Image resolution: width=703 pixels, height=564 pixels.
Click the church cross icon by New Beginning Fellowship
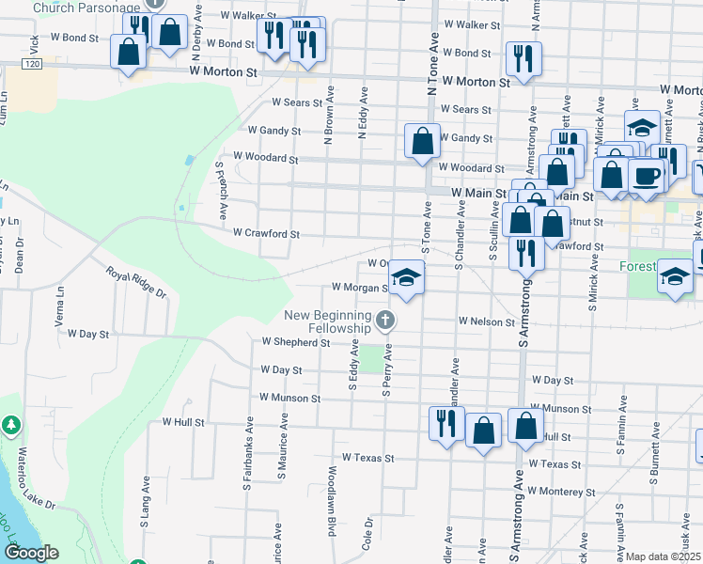[384, 322]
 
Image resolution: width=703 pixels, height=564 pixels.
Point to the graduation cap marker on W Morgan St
[405, 277]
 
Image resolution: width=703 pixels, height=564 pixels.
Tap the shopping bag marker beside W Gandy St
[423, 141]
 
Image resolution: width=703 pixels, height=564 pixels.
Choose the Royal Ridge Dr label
[135, 281]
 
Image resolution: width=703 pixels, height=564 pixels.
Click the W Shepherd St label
[296, 343]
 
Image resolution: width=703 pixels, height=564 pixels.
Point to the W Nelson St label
[486, 321]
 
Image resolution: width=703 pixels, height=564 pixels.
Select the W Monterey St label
[561, 492]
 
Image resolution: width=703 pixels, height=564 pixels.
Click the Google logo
[31, 553]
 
